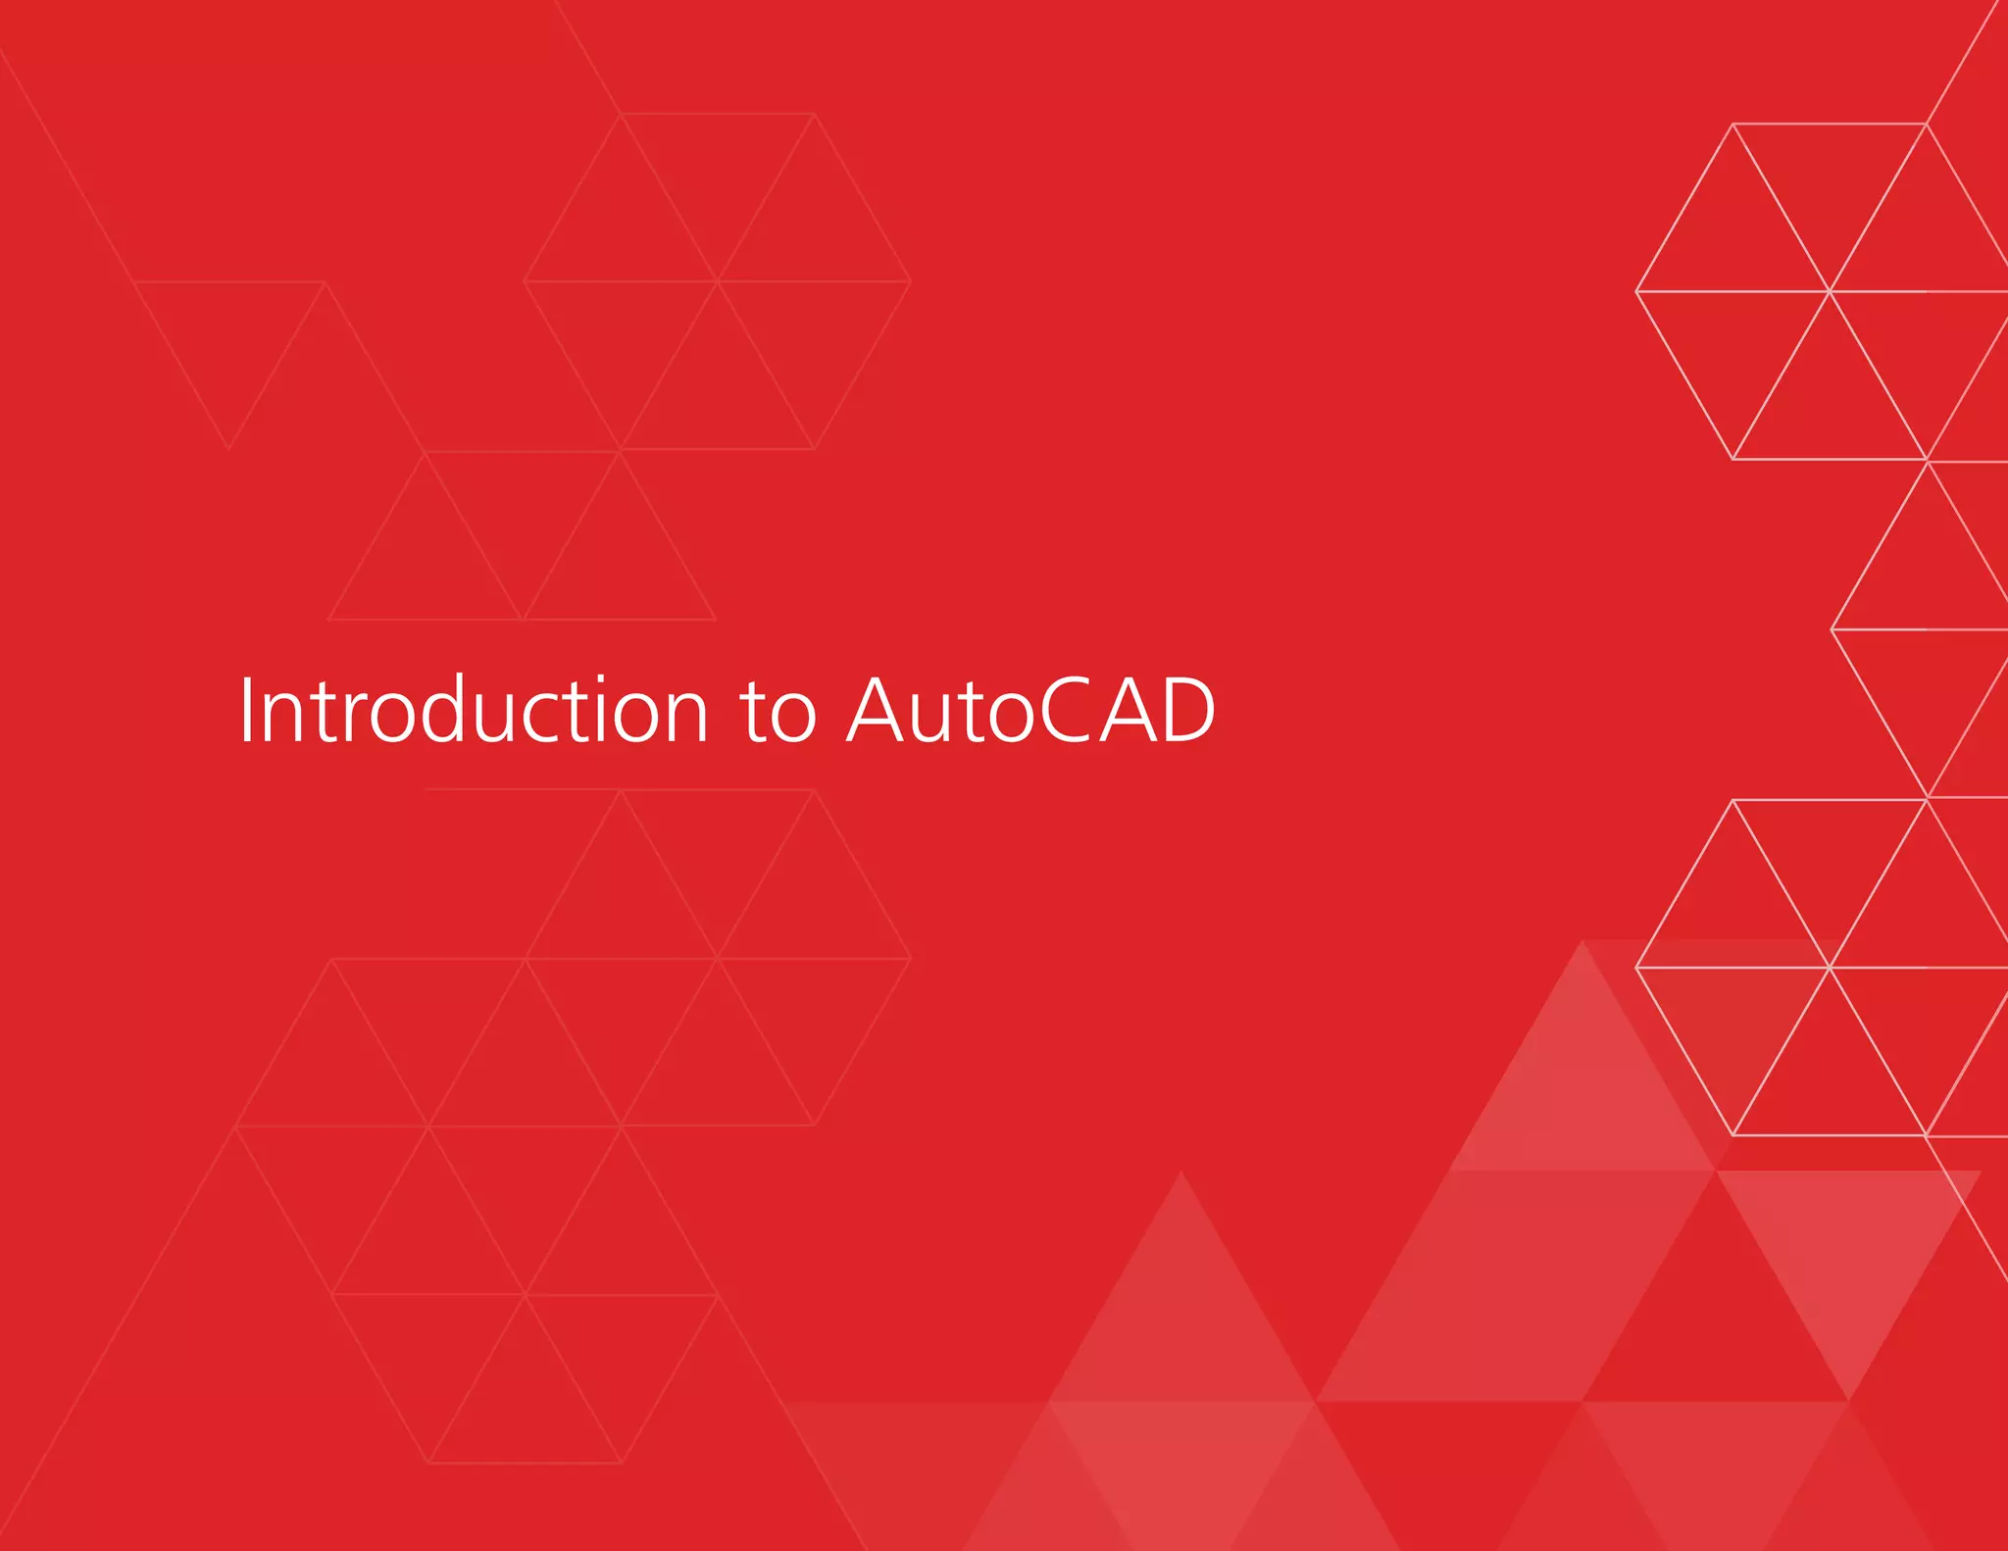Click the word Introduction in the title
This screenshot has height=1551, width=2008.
click(x=473, y=710)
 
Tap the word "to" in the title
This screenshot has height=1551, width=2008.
click(x=778, y=712)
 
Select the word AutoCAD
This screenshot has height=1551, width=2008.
click(x=1031, y=710)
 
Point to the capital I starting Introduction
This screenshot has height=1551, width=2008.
click(x=245, y=710)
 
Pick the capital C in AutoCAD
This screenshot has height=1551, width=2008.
click(x=1062, y=710)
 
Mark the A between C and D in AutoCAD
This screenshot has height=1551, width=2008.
click(x=1125, y=710)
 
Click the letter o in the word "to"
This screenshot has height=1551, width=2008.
click(x=792, y=717)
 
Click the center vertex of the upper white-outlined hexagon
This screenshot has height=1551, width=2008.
click(x=1830, y=291)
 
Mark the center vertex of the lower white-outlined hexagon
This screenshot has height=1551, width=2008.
click(x=1830, y=968)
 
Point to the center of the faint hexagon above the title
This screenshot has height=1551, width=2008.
click(x=718, y=281)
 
